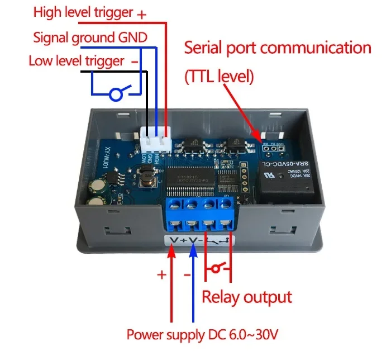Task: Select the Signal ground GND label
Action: (90, 37)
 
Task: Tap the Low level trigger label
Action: (77, 60)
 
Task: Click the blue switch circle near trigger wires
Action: (116, 94)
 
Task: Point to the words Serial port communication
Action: (278, 48)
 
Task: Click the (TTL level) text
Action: (219, 77)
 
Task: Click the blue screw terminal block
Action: (200, 214)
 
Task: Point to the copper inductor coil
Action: (148, 179)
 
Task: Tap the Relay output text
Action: (246, 297)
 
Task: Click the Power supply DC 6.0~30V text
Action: (202, 335)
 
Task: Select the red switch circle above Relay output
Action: (213, 270)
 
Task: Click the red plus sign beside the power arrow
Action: (161, 275)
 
